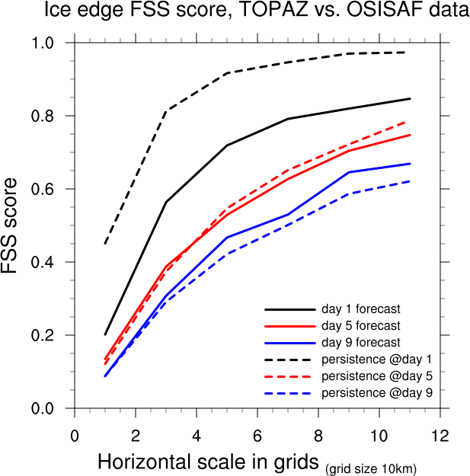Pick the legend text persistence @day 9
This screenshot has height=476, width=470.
tap(377, 392)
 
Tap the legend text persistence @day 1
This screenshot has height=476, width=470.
tap(377, 359)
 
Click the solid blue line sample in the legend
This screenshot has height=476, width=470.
tap(289, 343)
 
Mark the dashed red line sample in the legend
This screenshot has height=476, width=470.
tap(289, 376)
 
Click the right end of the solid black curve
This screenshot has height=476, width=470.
tap(410, 99)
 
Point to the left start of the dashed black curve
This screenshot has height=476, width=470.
tap(105, 244)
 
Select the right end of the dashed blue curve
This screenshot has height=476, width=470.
tap(410, 181)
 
